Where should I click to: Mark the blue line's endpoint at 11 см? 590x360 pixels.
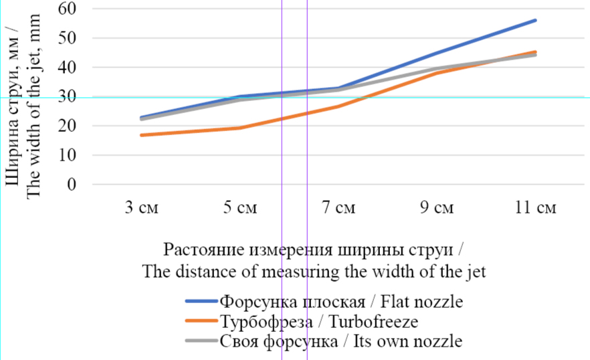point(535,20)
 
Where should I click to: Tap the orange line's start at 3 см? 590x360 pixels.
point(140,135)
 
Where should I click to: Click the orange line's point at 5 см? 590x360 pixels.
point(239,128)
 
